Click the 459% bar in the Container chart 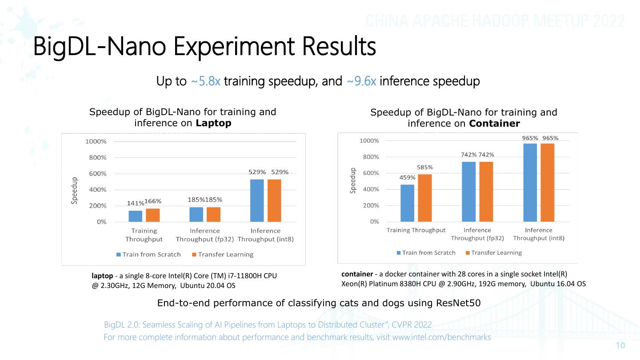(407, 203)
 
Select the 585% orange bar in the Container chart (425, 197)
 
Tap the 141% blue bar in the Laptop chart (135, 216)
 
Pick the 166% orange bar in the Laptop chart (153, 215)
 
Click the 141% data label (136, 203)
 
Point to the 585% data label (425, 167)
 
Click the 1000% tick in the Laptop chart (96, 141)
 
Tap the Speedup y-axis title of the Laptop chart (75, 191)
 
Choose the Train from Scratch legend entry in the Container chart (426, 253)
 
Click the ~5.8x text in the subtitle (206, 82)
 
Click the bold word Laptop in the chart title (214, 123)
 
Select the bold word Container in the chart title (494, 123)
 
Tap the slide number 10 (620, 346)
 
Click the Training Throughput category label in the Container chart (416, 230)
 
